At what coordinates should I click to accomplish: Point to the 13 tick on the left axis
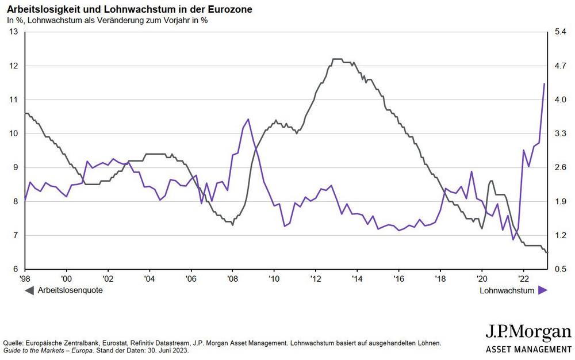14,32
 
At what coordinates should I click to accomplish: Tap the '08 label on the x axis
232,279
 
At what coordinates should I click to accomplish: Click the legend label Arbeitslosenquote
70,291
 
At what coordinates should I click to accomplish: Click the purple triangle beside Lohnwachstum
543,291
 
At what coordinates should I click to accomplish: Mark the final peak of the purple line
544,84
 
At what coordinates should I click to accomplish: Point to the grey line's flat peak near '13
338,59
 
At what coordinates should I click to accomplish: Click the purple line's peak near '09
248,119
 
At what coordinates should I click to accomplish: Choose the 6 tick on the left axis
16,269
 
